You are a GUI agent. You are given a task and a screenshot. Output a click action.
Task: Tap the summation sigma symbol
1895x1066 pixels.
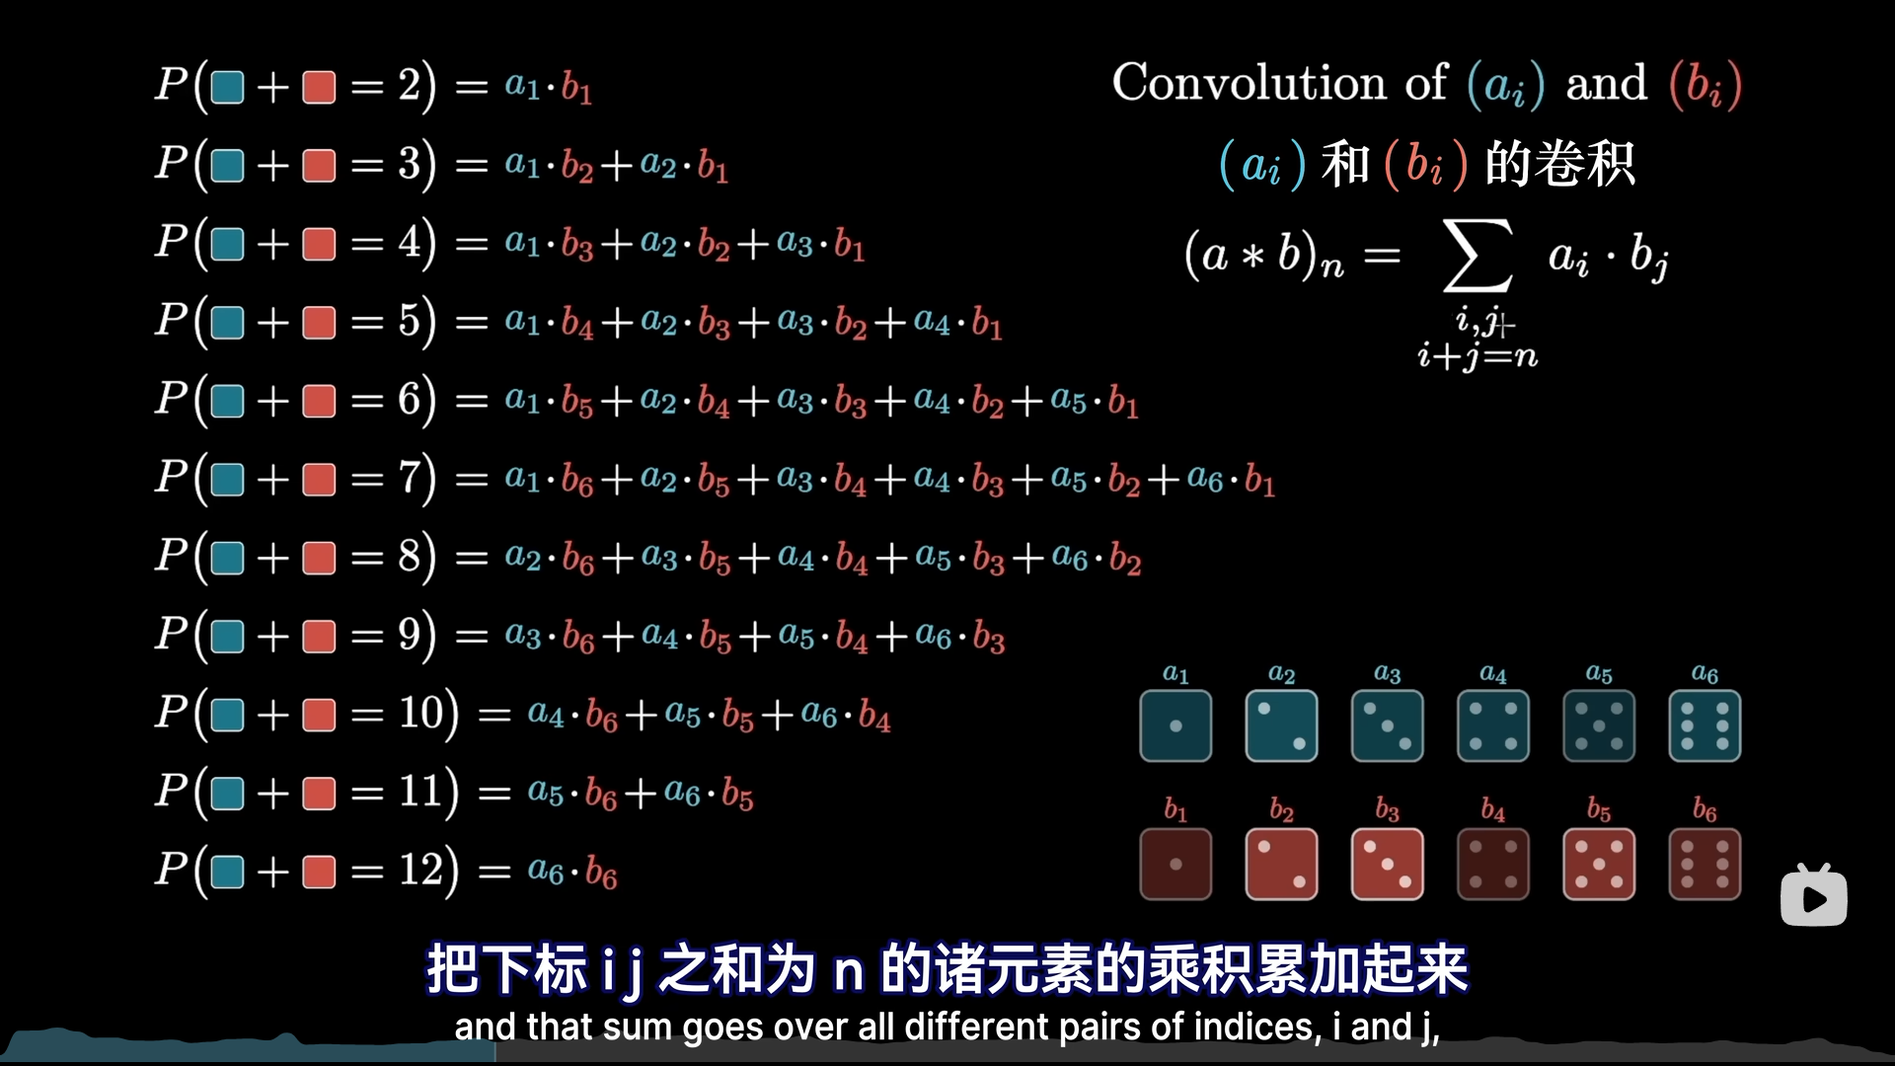tap(1478, 257)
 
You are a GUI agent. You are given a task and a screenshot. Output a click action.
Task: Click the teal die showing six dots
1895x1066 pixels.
tap(1705, 726)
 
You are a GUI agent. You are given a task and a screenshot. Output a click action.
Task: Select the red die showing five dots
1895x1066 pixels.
tap(1599, 865)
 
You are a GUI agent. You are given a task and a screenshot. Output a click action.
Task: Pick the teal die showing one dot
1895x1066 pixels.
tap(1175, 726)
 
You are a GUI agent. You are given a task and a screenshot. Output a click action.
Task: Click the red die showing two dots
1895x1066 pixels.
tap(1281, 865)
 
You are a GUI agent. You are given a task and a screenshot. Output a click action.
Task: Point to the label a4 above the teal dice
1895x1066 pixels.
tap(1492, 674)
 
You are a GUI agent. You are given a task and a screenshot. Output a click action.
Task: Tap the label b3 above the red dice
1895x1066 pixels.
tap(1387, 810)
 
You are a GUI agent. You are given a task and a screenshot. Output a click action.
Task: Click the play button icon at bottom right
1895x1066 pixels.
tap(1813, 897)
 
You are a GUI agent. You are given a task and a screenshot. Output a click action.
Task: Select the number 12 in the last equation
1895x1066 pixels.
tap(421, 871)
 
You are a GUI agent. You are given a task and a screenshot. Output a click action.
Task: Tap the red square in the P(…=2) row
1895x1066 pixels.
tap(319, 87)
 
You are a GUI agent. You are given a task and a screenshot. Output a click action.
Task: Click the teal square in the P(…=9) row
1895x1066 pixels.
tap(227, 636)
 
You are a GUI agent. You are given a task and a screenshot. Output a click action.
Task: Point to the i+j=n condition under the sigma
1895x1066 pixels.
tap(1478, 355)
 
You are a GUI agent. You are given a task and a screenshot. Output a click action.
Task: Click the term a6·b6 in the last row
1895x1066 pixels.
tap(572, 872)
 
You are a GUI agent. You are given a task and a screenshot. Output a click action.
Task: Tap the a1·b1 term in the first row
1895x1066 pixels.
tap(549, 87)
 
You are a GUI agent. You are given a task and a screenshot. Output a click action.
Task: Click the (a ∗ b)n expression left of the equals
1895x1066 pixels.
tap(1263, 257)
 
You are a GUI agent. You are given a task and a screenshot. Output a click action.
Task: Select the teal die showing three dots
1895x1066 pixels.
tap(1387, 726)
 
